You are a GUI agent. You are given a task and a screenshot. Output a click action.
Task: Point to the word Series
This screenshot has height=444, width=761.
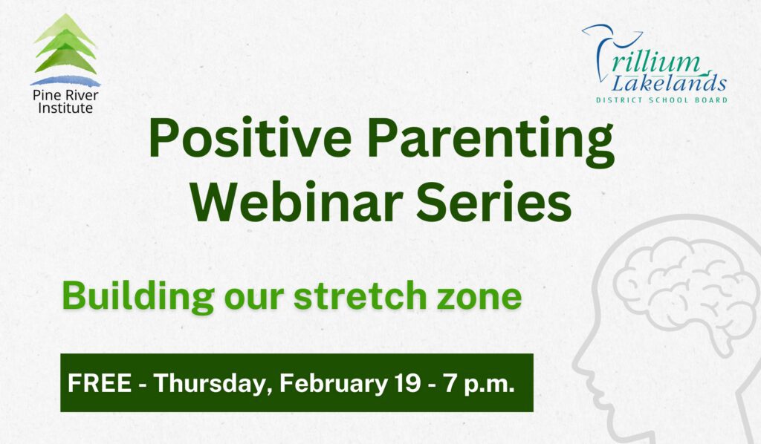[x=496, y=201]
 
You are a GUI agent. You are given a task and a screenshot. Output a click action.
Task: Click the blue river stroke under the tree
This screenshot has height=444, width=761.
[x=65, y=80]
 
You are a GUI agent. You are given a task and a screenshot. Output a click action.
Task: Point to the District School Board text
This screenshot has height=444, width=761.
[x=661, y=99]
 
